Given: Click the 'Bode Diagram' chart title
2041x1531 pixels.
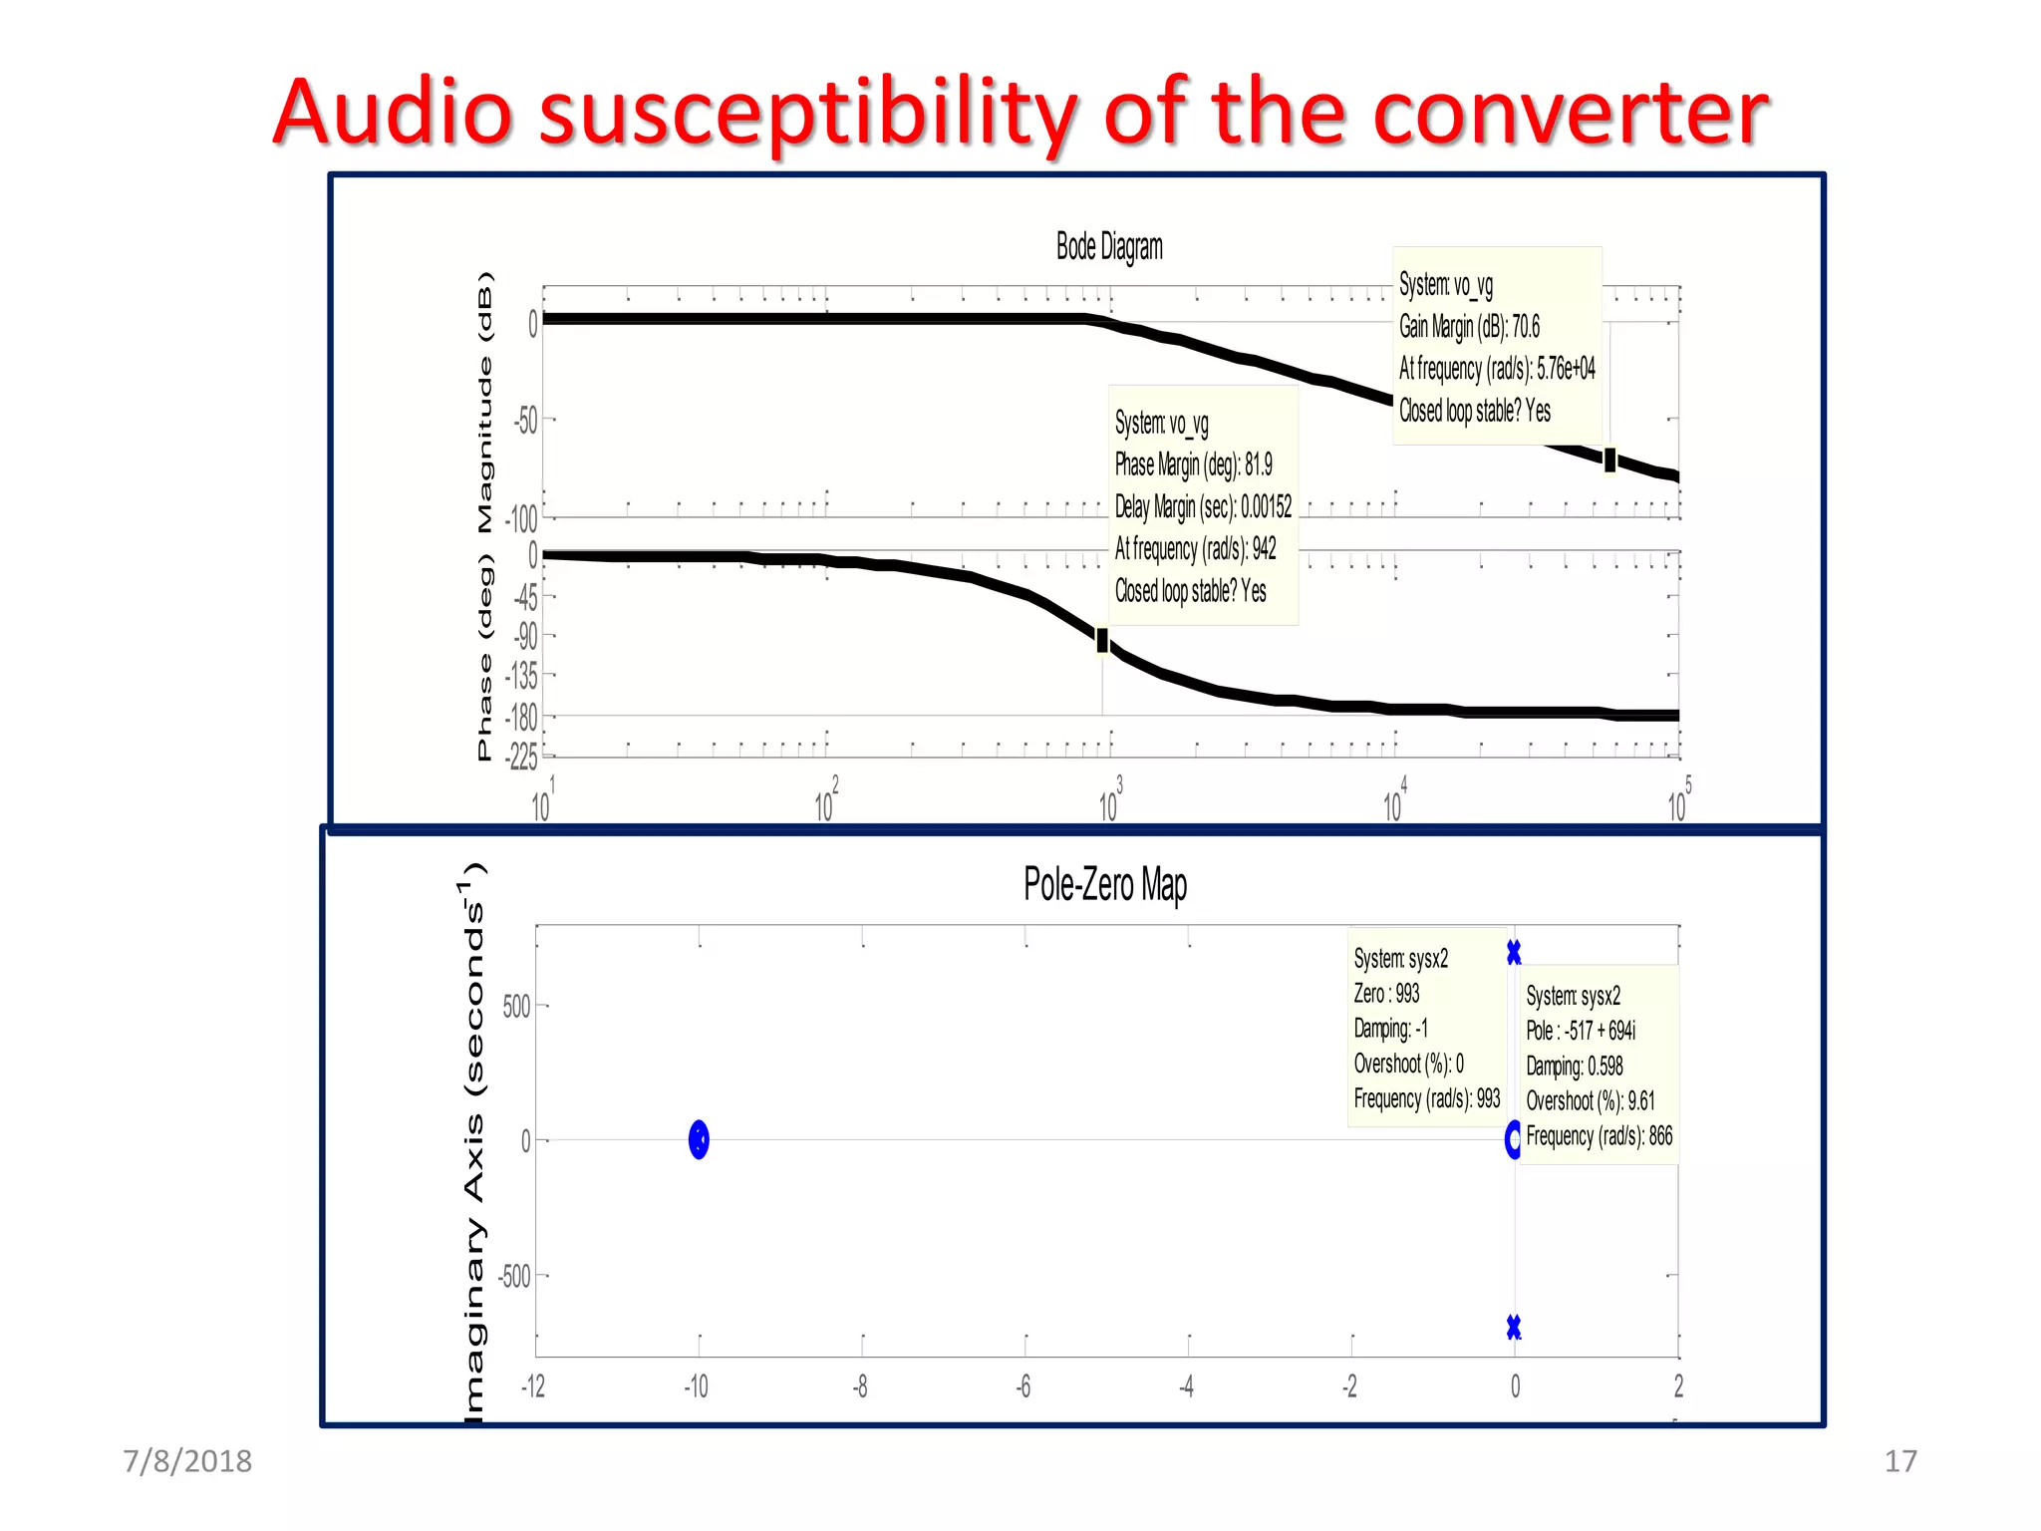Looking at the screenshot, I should [1109, 246].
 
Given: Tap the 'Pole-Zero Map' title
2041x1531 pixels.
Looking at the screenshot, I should [1105, 884].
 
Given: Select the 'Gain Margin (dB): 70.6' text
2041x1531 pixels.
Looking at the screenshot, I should [1469, 327].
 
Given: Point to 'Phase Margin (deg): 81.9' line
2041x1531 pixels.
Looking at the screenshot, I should [1193, 464].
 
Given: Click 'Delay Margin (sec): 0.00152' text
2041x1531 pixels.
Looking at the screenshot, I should [1203, 507].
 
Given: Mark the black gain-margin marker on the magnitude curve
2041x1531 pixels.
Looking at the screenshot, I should [1609, 459].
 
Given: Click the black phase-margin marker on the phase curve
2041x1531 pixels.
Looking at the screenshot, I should [1102, 640].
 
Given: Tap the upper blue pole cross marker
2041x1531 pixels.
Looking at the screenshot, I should [1514, 953].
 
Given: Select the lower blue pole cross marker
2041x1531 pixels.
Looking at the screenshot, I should [1514, 1327].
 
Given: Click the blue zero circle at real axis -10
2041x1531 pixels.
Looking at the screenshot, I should [699, 1139].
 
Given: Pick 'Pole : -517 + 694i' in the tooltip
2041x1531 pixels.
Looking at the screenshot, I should [1581, 1031].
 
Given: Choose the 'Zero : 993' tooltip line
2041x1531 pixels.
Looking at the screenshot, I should [1386, 994].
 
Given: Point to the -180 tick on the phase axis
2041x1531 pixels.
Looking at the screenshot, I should [522, 717].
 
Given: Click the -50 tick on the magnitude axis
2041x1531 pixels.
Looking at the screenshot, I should [525, 421].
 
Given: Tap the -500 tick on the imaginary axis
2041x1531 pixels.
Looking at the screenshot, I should [515, 1277].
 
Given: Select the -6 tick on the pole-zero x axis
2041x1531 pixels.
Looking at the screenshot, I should [1023, 1386].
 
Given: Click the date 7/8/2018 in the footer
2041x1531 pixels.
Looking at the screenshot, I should [187, 1461].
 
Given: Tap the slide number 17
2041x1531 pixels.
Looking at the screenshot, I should [1900, 1461].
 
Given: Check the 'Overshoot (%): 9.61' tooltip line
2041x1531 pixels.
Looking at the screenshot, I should [1590, 1101].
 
